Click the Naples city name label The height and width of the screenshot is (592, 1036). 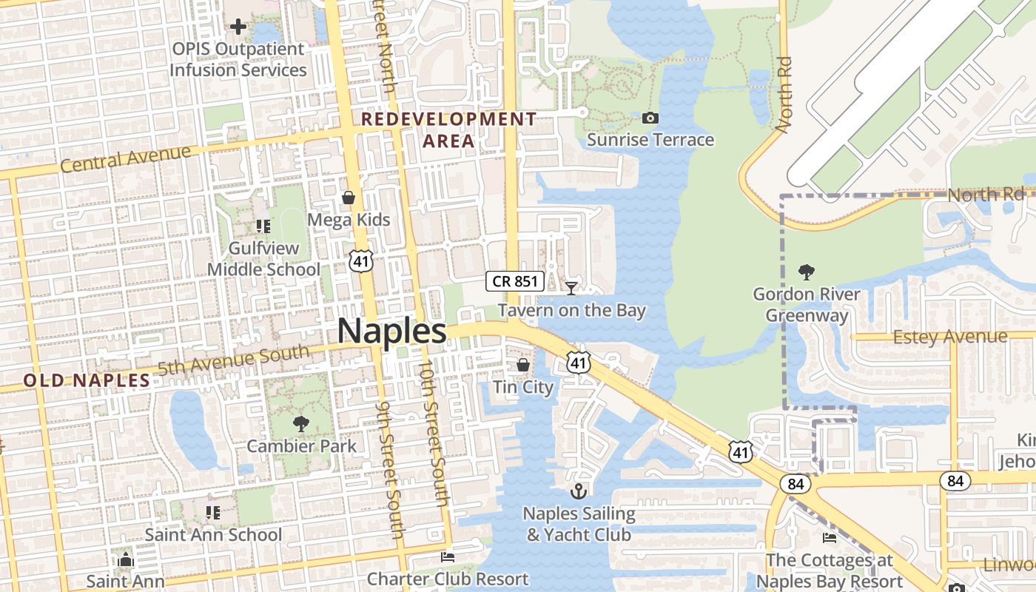[x=391, y=331]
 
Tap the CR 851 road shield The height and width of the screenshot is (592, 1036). [x=515, y=281]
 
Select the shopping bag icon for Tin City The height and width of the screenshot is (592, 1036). [x=523, y=365]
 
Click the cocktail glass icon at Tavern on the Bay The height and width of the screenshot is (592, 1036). [x=571, y=288]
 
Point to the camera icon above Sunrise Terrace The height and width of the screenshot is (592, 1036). [x=650, y=118]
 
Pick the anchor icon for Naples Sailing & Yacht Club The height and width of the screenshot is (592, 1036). [x=578, y=491]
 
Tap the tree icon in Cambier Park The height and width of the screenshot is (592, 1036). [x=300, y=424]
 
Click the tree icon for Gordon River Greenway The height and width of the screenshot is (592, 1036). [x=807, y=272]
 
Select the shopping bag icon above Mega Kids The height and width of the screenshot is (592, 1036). [x=349, y=198]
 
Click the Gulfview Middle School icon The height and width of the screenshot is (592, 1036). [x=263, y=226]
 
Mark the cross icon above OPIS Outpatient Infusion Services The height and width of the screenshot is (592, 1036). [x=238, y=27]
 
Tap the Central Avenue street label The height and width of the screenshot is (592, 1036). [x=125, y=158]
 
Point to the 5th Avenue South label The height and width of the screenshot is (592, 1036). [x=233, y=360]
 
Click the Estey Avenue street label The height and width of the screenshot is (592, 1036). [x=950, y=337]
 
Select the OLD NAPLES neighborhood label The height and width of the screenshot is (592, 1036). [x=87, y=380]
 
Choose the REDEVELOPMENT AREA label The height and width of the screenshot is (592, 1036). [x=448, y=129]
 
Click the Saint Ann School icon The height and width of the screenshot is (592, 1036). [x=213, y=512]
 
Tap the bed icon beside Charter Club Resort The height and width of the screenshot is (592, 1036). [x=447, y=556]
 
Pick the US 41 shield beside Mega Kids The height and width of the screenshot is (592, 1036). [x=362, y=260]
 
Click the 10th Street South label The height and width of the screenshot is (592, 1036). [x=434, y=433]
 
